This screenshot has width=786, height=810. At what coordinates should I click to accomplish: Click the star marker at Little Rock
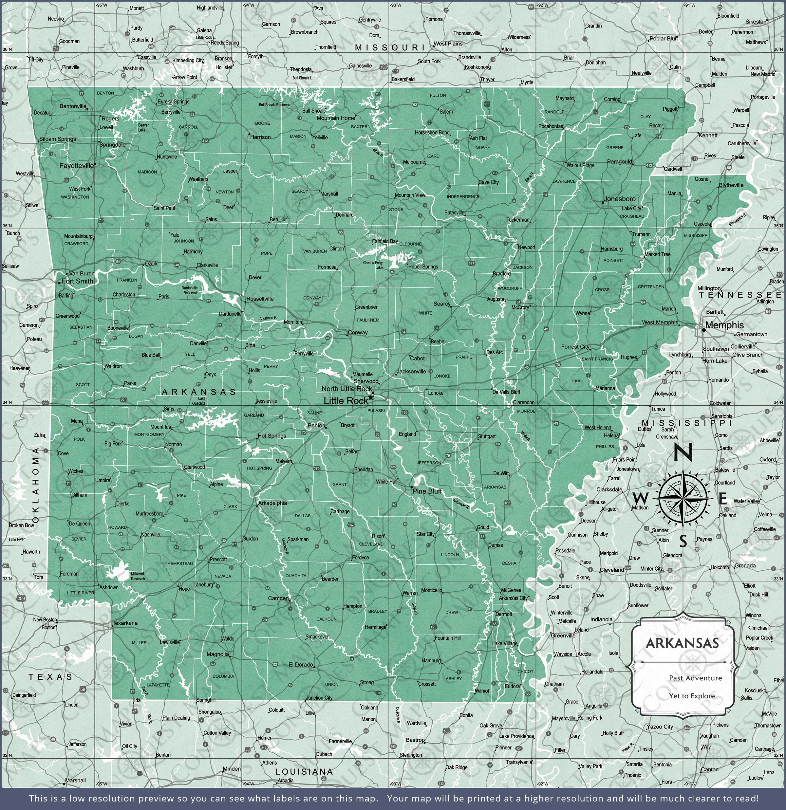coord(371,397)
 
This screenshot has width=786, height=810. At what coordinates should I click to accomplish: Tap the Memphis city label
coord(724,325)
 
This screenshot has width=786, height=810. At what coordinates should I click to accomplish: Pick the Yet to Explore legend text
coord(692,696)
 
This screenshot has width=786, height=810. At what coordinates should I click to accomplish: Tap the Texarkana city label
coord(125,623)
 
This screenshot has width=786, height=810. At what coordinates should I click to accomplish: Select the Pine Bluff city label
coord(427,491)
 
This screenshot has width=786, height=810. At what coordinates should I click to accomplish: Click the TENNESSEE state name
coord(740,295)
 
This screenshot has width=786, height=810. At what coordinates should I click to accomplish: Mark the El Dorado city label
coord(301,665)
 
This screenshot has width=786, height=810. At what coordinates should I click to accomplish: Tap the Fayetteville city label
coord(77,166)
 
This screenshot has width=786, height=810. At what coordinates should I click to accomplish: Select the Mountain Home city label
coord(336,118)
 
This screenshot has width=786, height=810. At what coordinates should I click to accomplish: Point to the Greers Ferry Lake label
coord(373,265)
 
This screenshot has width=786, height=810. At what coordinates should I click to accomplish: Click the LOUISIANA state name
coord(304,772)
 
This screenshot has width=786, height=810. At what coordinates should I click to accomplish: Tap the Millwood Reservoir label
coord(137,576)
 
